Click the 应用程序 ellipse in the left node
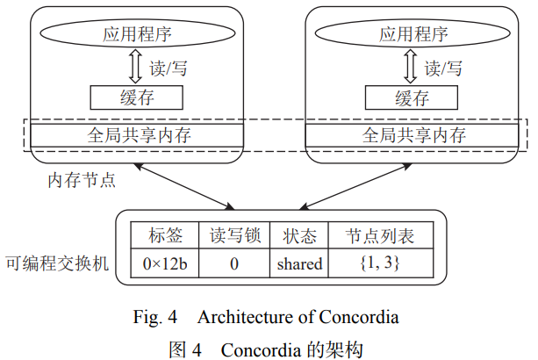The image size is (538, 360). pos(137,35)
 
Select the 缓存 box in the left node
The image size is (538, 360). pos(137,97)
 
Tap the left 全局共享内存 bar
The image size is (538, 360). pos(137,135)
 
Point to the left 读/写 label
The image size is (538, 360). pos(169,68)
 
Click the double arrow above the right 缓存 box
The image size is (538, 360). pos(412,68)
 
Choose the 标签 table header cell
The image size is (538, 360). pos(166,235)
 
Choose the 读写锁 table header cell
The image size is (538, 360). pos(234,235)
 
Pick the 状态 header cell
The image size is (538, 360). pos(298,235)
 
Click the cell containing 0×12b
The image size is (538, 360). pos(166,263)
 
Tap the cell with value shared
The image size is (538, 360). pos(298,263)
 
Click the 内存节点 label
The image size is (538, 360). pos(82,180)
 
